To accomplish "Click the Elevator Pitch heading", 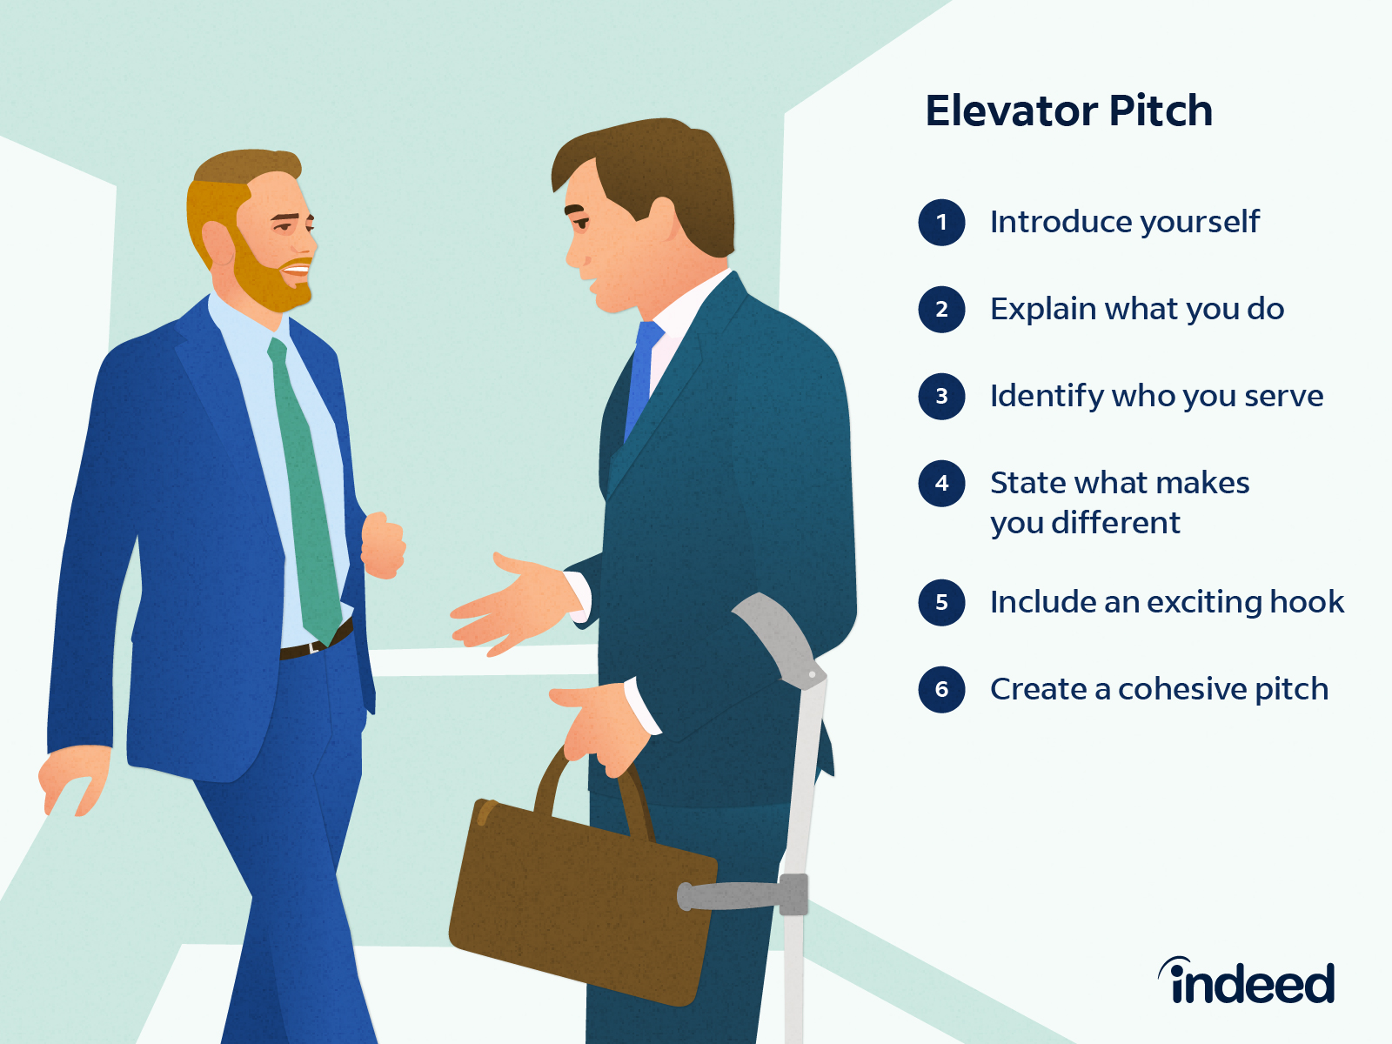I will click(1068, 111).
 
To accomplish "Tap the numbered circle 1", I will click(941, 222).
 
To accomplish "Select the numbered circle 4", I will click(941, 483).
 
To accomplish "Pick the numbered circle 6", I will click(941, 689).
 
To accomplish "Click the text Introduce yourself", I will click(1124, 222).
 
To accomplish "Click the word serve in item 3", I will click(1283, 396).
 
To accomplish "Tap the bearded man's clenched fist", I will click(383, 545).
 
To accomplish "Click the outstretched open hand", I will click(513, 605).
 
